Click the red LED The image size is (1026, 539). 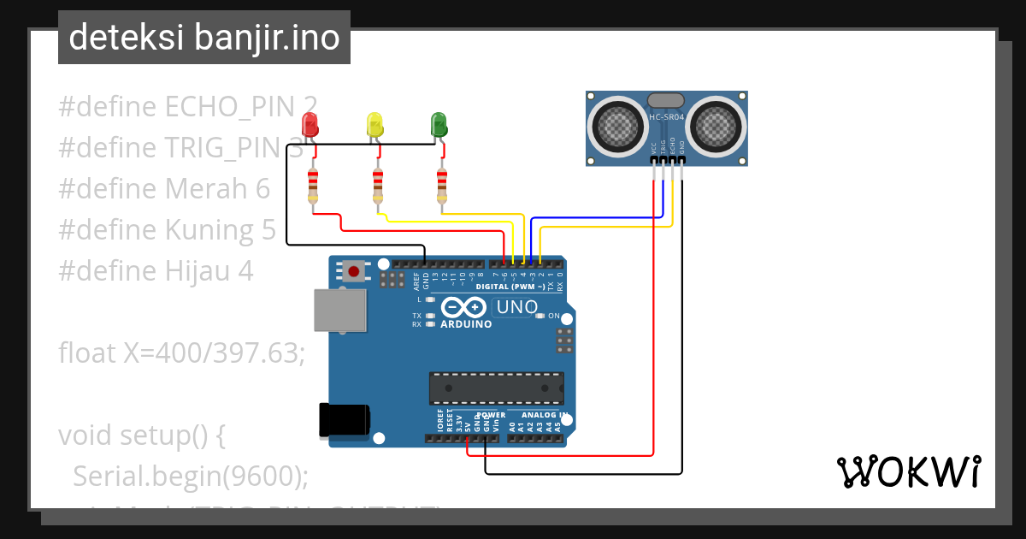(x=310, y=126)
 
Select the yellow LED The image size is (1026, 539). (x=374, y=126)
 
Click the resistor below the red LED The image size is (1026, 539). (x=313, y=187)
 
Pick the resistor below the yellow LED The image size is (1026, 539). (x=377, y=187)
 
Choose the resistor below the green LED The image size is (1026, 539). (x=441, y=187)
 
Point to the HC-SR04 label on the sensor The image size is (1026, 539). (x=666, y=117)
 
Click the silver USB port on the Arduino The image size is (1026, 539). (x=339, y=309)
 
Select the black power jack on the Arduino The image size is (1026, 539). (x=344, y=419)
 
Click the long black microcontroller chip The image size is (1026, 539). (x=496, y=388)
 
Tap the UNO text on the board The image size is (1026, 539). (x=517, y=306)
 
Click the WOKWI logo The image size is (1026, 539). (x=908, y=471)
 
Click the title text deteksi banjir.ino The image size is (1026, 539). (x=203, y=38)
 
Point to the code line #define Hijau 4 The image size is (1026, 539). (x=156, y=271)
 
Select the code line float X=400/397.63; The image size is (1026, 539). (x=181, y=352)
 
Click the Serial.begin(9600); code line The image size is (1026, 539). (x=190, y=476)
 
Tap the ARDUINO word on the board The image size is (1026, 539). (x=466, y=324)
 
